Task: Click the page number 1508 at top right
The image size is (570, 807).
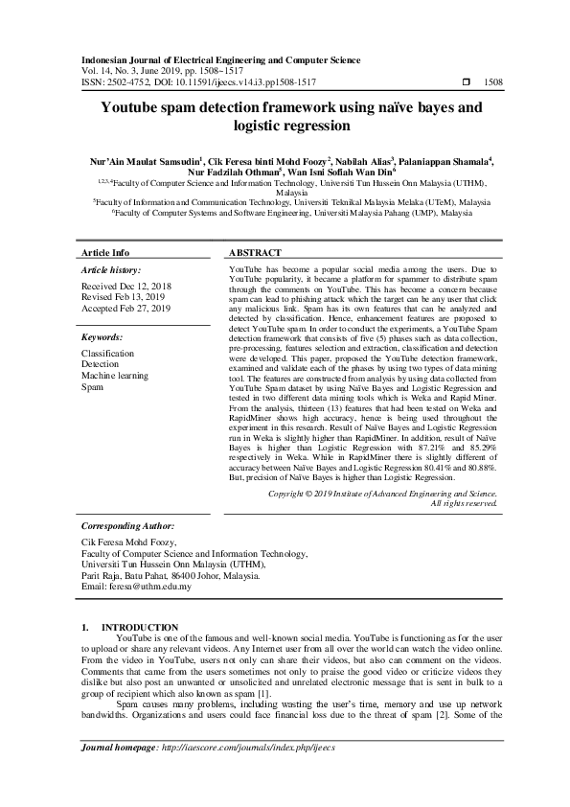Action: pyautogui.click(x=494, y=83)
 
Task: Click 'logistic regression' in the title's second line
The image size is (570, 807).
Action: pyautogui.click(x=285, y=126)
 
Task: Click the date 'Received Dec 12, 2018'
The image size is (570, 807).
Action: pyautogui.click(x=126, y=287)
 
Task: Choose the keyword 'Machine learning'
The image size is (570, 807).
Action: pyautogui.click(x=115, y=376)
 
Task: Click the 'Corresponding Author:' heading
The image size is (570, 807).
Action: pyautogui.click(x=128, y=526)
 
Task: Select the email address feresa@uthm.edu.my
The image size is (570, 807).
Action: pyautogui.click(x=136, y=587)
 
